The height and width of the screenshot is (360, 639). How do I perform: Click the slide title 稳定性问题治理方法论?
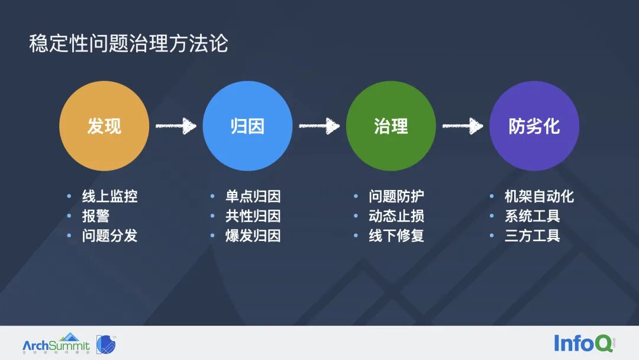coord(128,44)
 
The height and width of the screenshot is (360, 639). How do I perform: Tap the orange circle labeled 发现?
coord(104,126)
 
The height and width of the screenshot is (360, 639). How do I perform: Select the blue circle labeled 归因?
coord(247,126)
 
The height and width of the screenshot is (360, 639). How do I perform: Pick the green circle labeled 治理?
coord(391,126)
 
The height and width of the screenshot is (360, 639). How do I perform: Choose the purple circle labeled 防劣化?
coord(534,126)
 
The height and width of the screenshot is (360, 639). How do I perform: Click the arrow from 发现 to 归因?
coord(176,126)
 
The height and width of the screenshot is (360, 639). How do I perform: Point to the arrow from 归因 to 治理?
coord(319,126)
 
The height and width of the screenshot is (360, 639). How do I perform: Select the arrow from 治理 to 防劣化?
coord(463,126)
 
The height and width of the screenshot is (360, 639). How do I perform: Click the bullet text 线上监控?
coord(109,197)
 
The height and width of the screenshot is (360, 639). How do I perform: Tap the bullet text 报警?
coord(96,216)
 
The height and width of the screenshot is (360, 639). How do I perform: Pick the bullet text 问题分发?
coord(109,236)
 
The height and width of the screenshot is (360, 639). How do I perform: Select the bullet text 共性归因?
coord(253,216)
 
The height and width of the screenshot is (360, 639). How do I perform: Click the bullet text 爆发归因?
coord(253,236)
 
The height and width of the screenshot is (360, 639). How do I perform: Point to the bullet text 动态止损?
coord(396,216)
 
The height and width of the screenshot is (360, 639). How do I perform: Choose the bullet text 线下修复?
coord(396,236)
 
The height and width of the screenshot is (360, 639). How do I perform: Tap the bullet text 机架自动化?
coord(539,197)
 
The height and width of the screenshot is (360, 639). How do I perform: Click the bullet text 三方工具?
coord(532,236)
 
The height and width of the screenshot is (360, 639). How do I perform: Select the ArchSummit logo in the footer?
coord(56,343)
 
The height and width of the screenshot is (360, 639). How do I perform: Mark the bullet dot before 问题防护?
coord(356,197)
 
